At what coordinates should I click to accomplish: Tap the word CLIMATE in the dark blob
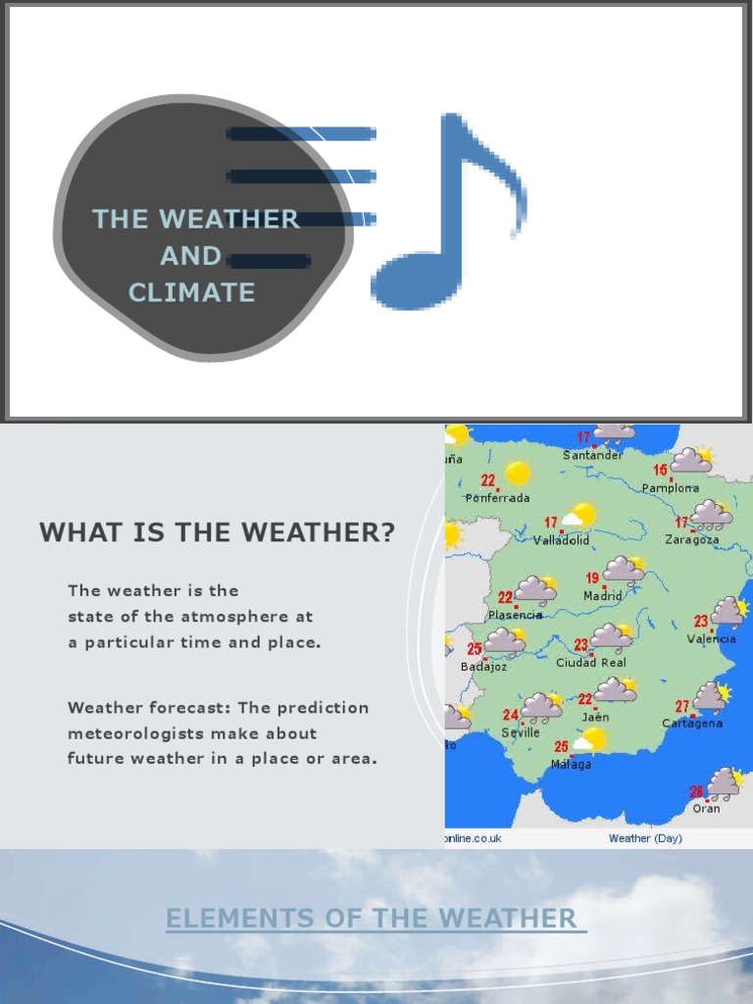tap(191, 292)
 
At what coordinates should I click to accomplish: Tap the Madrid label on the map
tap(603, 595)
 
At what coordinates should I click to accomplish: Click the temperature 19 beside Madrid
tap(592, 578)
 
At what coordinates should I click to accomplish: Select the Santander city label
tap(592, 455)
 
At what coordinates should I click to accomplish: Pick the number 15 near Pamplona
tap(661, 470)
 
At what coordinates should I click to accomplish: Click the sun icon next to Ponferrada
tap(517, 474)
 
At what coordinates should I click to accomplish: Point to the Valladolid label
tap(561, 540)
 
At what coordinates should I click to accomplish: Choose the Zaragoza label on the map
tap(691, 539)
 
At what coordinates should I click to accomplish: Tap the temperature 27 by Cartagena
tap(682, 706)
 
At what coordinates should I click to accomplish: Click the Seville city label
tap(521, 732)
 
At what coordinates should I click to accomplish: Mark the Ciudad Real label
tap(590, 663)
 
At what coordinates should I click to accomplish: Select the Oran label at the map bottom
tap(706, 809)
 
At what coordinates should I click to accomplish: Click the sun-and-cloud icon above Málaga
tap(590, 740)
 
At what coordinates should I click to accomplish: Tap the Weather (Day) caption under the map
tap(645, 838)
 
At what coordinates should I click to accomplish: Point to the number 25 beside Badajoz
tap(475, 649)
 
